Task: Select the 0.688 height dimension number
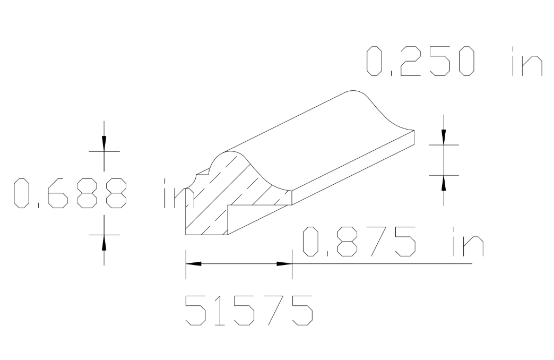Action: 70,193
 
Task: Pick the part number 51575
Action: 248,310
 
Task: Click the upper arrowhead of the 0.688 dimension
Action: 104,143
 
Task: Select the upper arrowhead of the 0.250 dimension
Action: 444,136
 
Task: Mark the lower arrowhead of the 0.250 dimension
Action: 444,183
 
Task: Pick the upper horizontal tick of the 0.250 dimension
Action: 444,144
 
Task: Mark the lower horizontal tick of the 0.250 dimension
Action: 444,175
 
